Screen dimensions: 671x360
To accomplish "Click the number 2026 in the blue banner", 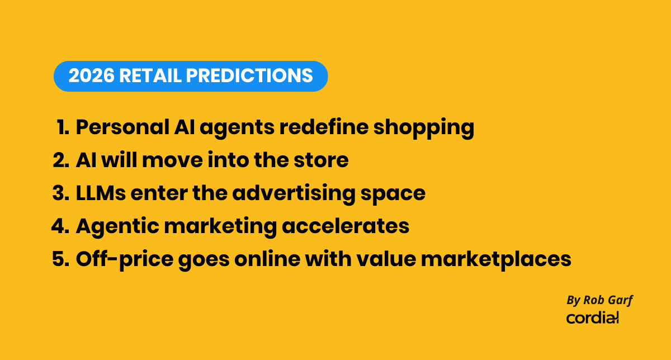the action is pos(91,75).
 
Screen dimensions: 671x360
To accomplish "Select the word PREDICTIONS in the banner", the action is pos(249,75).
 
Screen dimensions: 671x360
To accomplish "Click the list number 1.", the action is pos(63,127).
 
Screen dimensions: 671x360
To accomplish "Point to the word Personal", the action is pos(122,127).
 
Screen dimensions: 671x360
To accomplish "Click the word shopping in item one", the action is pos(424,129).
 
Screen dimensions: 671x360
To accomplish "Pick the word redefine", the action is pos(324,127).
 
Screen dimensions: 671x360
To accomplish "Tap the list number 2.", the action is pos(61,160).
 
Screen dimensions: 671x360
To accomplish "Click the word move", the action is pos(172,160).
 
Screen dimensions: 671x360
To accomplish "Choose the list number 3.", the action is pos(61,193).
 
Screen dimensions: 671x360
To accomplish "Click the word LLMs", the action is pos(101,193).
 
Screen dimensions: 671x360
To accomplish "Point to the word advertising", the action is pos(294,194).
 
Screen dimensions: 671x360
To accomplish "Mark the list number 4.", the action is pos(60,226).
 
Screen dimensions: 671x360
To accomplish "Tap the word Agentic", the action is pos(117,228).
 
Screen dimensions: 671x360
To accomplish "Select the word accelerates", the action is pos(346,226).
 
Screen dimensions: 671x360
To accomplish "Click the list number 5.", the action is pos(61,259).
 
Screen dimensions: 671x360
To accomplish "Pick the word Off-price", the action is pos(125,260).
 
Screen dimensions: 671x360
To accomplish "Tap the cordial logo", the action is pos(592,318).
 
